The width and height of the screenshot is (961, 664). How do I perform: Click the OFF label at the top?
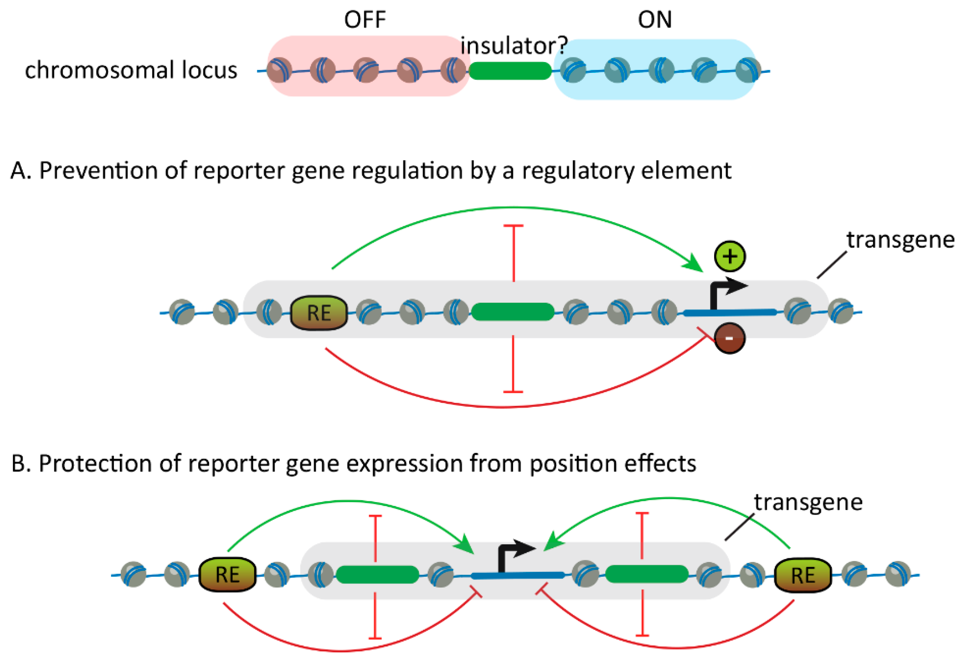coord(365,19)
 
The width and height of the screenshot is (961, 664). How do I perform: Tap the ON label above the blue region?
coord(654,19)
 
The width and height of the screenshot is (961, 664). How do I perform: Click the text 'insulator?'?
coord(514,46)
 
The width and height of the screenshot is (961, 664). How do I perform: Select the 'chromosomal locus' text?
coord(131,70)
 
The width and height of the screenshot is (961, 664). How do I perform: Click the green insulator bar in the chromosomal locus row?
coord(510,71)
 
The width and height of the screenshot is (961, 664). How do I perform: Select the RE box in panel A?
coord(319,313)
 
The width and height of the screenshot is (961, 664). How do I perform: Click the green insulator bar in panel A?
coord(513,312)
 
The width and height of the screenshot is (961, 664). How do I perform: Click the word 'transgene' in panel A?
coord(900,240)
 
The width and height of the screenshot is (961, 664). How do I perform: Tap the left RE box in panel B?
coord(227,575)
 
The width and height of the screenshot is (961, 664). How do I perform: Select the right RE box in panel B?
coord(802,575)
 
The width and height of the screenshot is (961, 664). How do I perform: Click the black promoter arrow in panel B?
coord(514,553)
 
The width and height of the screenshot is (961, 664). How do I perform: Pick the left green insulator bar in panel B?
coord(377,575)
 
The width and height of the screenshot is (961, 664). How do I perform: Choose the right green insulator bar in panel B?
coord(646,574)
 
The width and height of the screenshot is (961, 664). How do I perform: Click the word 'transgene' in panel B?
coord(808,502)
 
